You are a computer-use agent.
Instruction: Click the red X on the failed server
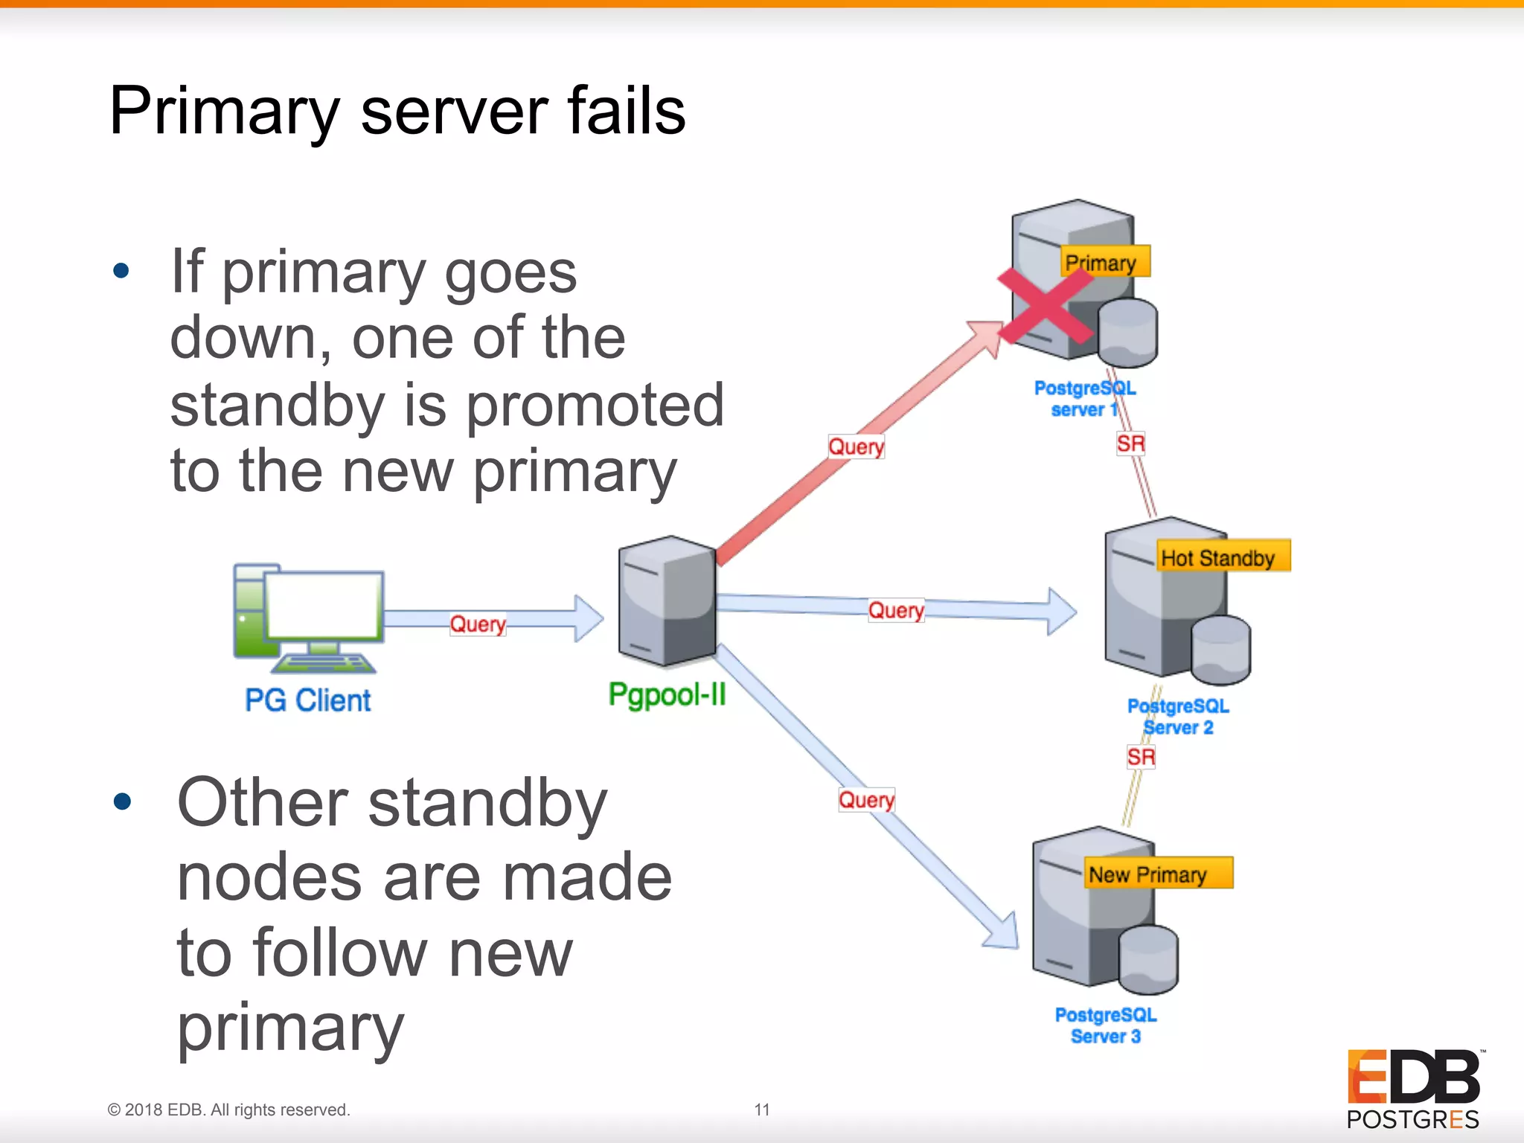coord(1046,306)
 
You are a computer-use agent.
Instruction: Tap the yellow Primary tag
coord(1104,262)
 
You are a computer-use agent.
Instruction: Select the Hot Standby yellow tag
coord(1221,557)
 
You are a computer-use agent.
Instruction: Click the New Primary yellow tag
coord(1156,874)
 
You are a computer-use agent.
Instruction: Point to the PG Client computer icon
coord(308,618)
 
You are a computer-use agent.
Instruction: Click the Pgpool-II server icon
coord(667,601)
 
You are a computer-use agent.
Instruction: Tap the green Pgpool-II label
coord(667,694)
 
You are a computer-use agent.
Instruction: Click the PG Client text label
coord(308,700)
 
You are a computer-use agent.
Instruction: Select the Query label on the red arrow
coord(856,446)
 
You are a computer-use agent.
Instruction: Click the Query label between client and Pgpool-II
coord(477,624)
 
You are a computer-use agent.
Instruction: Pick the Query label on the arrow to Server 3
coord(866,800)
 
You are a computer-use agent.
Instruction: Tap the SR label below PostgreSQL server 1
coord(1130,444)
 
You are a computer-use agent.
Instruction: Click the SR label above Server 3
coord(1140,758)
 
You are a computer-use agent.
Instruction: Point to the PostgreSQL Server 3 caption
coord(1106,1025)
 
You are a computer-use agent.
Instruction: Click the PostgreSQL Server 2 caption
coord(1178,716)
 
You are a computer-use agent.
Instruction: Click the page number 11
coord(761,1110)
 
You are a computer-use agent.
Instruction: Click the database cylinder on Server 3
coord(1147,960)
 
